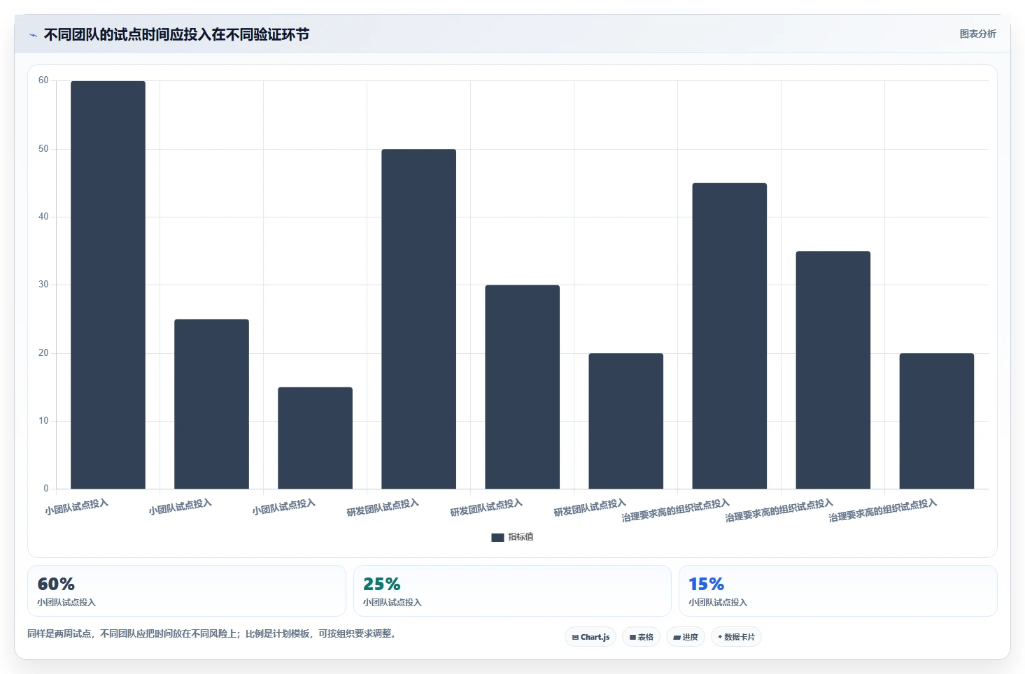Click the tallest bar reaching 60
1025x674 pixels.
click(108, 285)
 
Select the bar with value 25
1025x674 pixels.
click(211, 403)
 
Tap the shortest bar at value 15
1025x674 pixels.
click(316, 438)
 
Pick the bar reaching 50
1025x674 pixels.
click(418, 319)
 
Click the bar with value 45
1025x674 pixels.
click(730, 336)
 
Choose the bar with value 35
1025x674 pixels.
click(833, 370)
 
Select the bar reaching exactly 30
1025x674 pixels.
click(523, 387)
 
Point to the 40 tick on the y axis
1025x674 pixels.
click(43, 216)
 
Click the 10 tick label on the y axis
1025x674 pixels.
click(43, 421)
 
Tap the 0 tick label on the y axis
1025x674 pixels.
click(45, 488)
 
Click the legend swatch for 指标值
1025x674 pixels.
click(497, 537)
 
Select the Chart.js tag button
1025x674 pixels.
click(591, 637)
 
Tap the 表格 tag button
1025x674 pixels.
click(641, 637)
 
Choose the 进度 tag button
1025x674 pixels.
click(686, 637)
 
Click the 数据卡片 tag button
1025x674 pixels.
click(736, 637)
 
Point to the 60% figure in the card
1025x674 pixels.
click(56, 584)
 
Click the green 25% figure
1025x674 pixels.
click(381, 584)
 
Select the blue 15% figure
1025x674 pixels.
click(707, 584)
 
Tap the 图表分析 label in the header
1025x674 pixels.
click(978, 34)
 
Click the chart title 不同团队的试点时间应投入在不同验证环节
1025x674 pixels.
click(176, 35)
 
